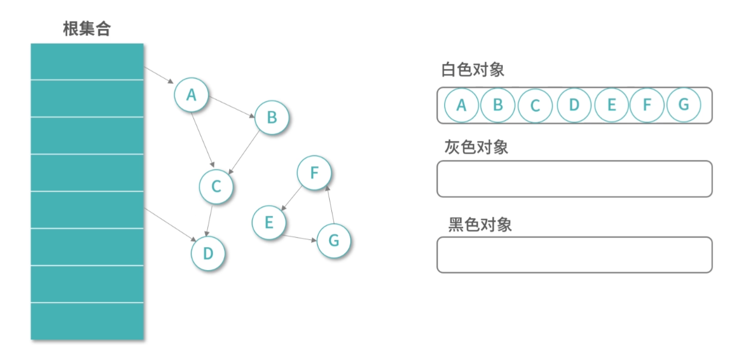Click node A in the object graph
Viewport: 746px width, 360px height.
(x=191, y=95)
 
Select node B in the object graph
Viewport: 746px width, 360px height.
(x=272, y=117)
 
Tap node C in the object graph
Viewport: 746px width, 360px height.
(x=216, y=187)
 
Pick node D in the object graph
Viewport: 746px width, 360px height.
(x=208, y=254)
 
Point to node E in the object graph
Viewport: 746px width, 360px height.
(x=269, y=222)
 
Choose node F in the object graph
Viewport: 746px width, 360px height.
(x=314, y=173)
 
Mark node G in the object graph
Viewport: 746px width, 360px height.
(x=334, y=241)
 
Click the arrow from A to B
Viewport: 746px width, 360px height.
(x=231, y=106)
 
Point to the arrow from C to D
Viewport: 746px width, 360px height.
(x=210, y=220)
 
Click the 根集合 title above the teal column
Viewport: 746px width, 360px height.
(x=87, y=29)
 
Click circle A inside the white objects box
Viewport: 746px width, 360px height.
(x=461, y=105)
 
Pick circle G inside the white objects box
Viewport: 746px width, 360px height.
(x=683, y=105)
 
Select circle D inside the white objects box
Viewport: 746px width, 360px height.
(x=574, y=105)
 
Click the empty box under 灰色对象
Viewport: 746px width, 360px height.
(x=574, y=179)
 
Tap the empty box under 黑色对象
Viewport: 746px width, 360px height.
(x=574, y=255)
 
